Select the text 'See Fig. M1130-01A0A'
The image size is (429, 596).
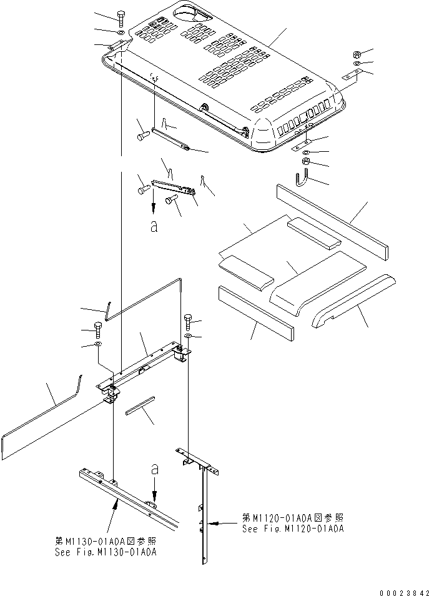(106, 552)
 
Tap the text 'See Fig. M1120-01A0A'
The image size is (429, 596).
(293, 529)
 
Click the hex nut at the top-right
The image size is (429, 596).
(357, 54)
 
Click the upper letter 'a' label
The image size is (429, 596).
(154, 227)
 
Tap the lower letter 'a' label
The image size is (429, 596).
(154, 470)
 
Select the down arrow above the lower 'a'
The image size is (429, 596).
(154, 490)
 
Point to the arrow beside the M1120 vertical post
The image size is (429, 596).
(226, 524)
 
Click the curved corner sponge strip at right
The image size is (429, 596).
(353, 300)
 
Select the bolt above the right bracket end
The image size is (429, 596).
(188, 322)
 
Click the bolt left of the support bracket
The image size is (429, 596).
(97, 330)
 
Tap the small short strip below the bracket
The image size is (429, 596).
(141, 406)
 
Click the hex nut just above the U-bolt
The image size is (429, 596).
(306, 161)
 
